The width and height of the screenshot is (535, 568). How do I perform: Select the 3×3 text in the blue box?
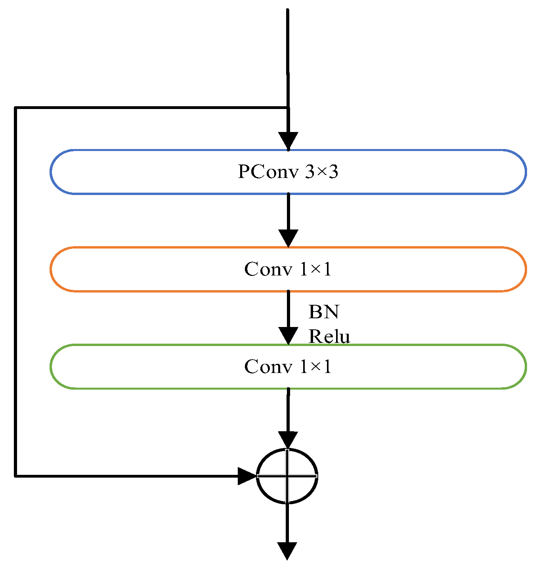322,172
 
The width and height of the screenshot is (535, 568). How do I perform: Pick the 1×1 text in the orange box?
315,269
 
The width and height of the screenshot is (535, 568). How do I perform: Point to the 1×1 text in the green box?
315,367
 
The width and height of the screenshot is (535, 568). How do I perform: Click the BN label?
324,312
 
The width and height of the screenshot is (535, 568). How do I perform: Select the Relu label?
329,337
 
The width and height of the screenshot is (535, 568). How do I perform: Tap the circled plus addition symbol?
287,476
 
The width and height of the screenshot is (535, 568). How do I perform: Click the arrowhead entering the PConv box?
288,141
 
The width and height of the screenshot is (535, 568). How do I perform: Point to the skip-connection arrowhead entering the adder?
247,476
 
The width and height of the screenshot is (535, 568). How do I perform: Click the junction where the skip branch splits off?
288,107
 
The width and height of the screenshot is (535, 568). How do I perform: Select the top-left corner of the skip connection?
15,107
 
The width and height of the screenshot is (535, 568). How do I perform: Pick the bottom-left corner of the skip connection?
15,476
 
